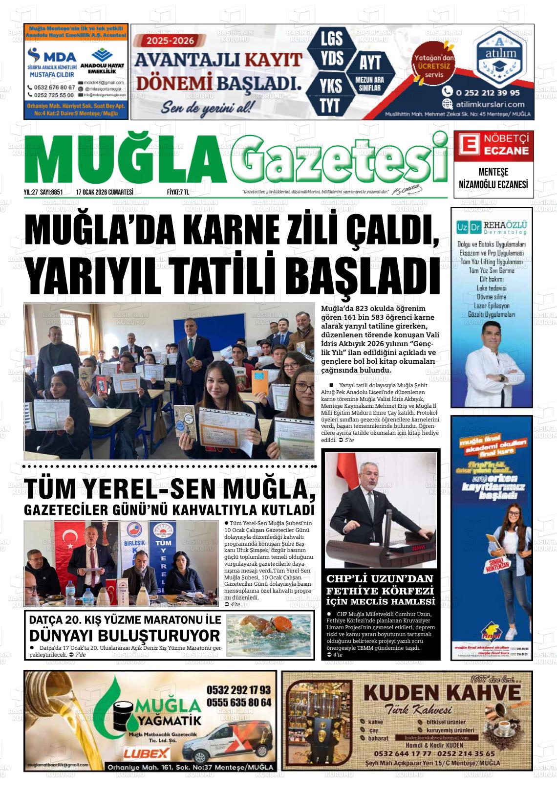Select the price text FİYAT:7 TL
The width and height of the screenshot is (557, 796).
pos(178,193)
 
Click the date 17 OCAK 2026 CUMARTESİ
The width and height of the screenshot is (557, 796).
pos(105,193)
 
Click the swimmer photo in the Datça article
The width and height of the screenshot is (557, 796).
pos(269,634)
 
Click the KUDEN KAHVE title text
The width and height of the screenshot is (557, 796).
pos(442,693)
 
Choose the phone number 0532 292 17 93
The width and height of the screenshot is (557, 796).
pos(238,690)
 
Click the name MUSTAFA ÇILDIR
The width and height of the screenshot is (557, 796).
pos(52,75)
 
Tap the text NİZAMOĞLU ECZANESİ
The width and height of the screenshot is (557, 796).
pos(493,185)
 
